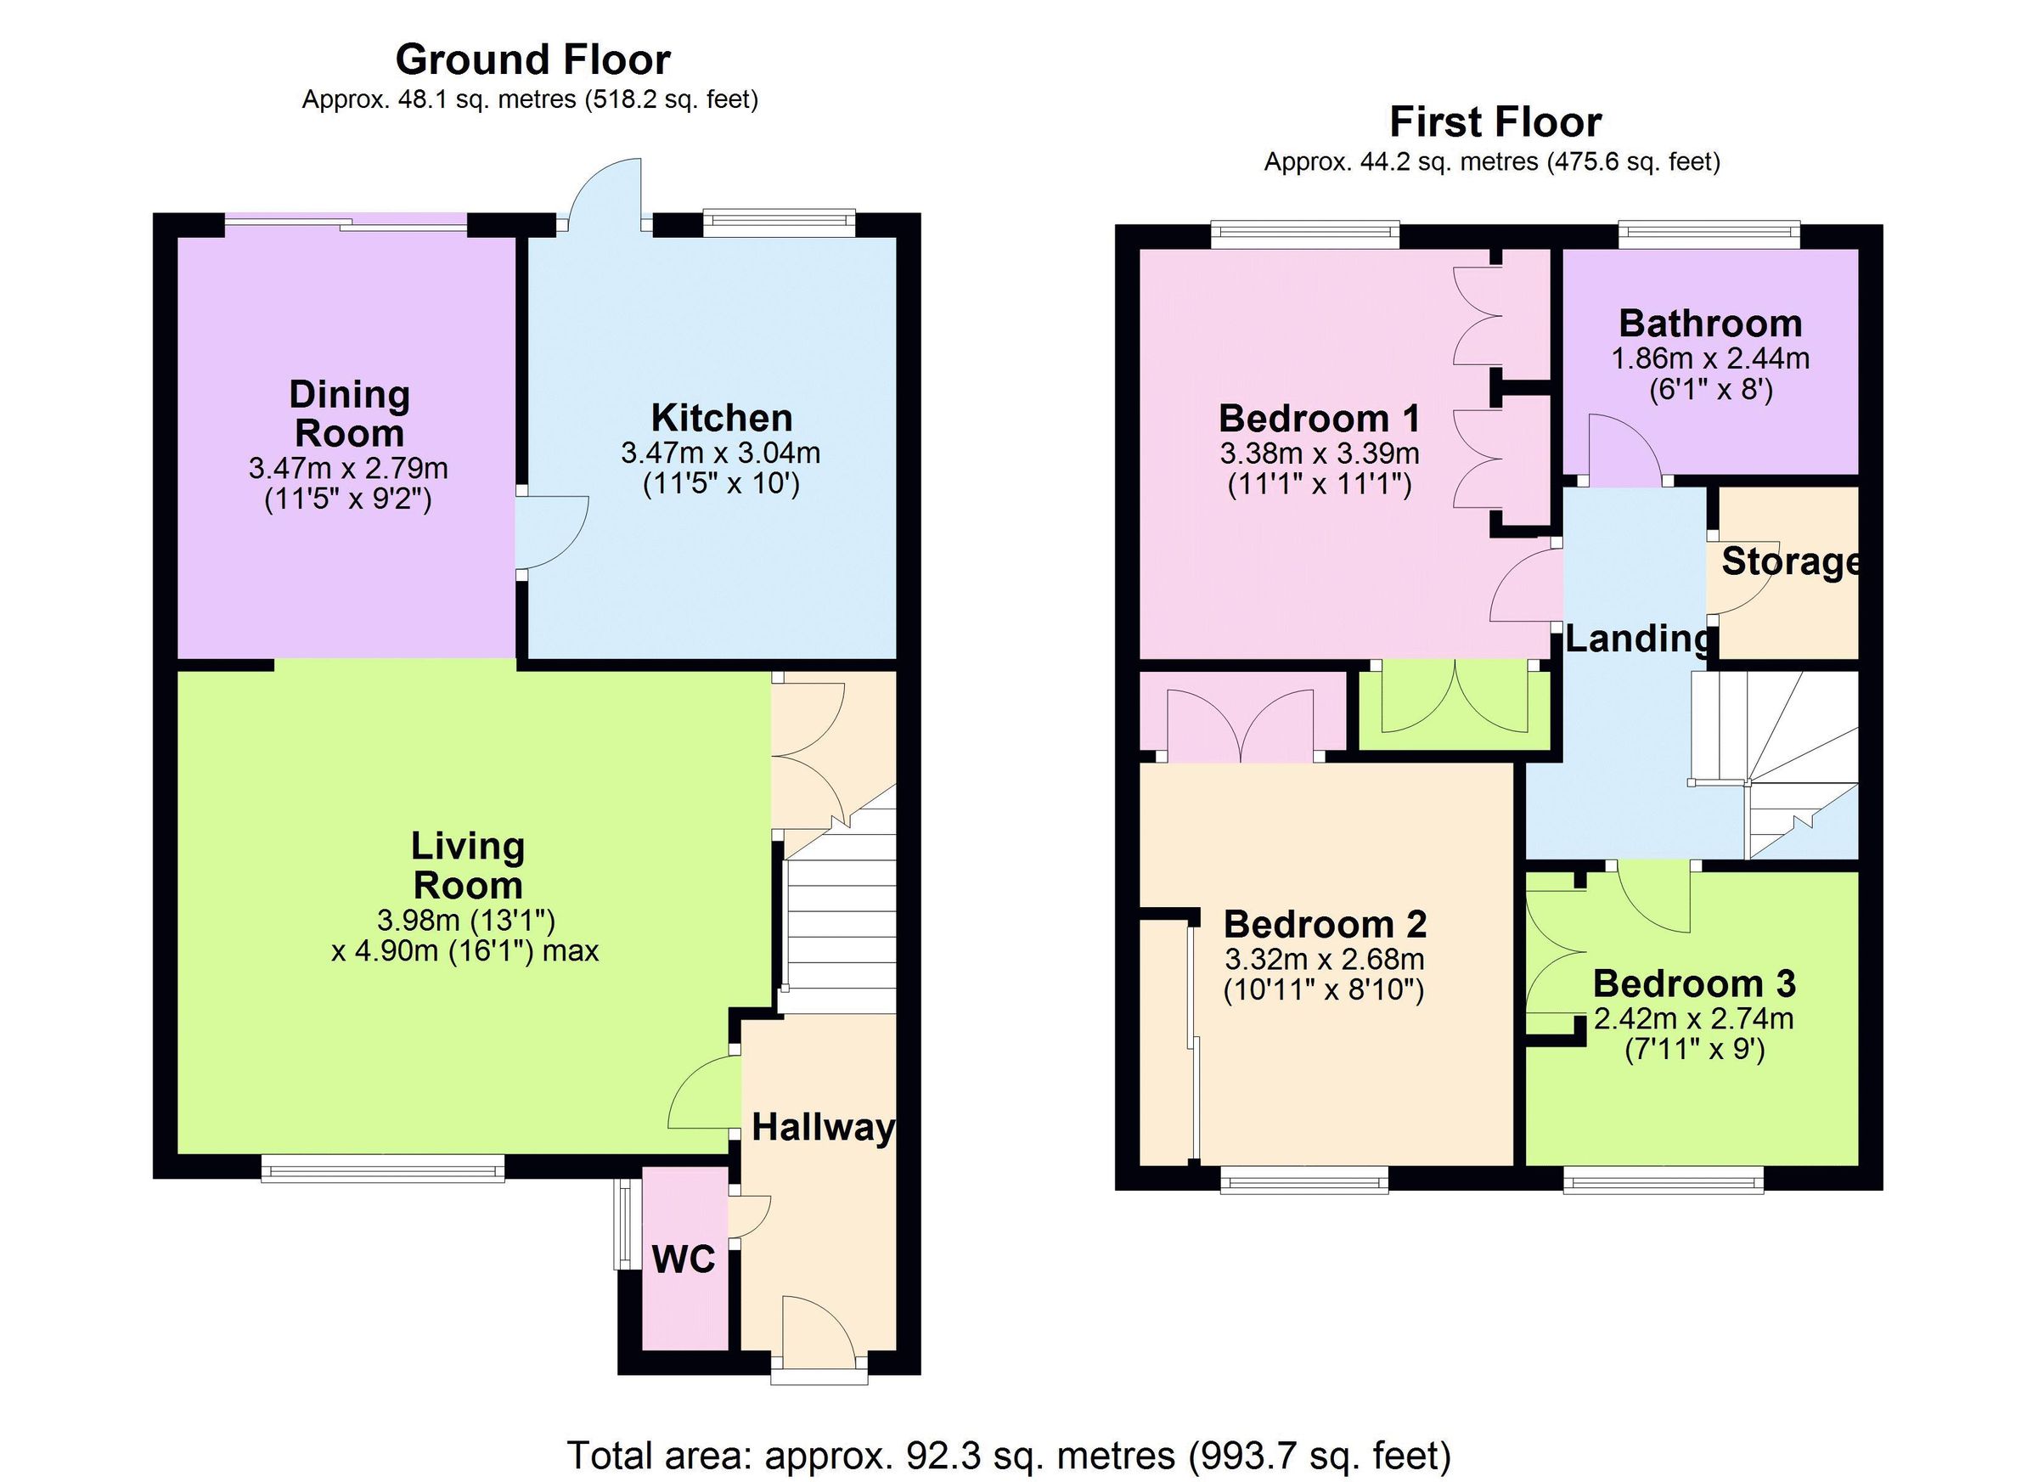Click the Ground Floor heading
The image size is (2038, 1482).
click(x=533, y=60)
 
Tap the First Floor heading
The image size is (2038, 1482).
click(x=1495, y=122)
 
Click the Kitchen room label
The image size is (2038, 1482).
click(x=722, y=419)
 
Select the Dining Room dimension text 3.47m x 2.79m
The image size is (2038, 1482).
click(x=348, y=468)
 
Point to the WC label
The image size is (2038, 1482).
click(x=683, y=1260)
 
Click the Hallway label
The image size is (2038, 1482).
click(x=822, y=1127)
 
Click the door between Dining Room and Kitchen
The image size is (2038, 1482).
click(x=550, y=532)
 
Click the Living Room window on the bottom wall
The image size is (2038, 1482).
click(x=383, y=1168)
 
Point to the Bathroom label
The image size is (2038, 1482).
click(x=1710, y=324)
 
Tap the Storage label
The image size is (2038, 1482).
click(x=1789, y=561)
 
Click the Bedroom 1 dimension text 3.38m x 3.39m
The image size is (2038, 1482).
click(x=1319, y=453)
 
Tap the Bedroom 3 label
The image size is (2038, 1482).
click(x=1694, y=983)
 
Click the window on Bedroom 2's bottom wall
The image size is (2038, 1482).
click(x=1303, y=1179)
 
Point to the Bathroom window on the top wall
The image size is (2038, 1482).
click(x=1709, y=235)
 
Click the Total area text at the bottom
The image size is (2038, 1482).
click(x=1009, y=1455)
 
